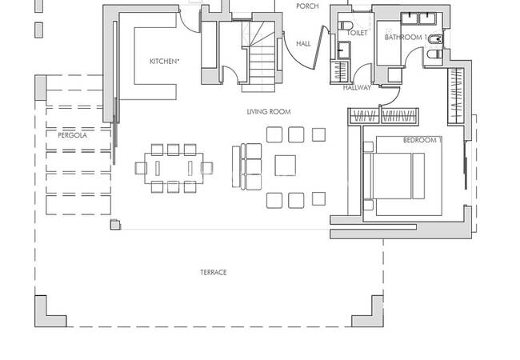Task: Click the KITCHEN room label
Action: pos(163,62)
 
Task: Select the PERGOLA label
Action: pos(72,135)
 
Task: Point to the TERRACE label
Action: pos(214,273)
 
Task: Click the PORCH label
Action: pos(307,6)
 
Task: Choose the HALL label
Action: pos(303,44)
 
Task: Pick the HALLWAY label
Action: pos(357,88)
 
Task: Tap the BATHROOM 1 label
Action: pos(403,38)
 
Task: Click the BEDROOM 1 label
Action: pos(422,141)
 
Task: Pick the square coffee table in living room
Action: pos(286,166)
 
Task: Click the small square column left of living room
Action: pos(115,226)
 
